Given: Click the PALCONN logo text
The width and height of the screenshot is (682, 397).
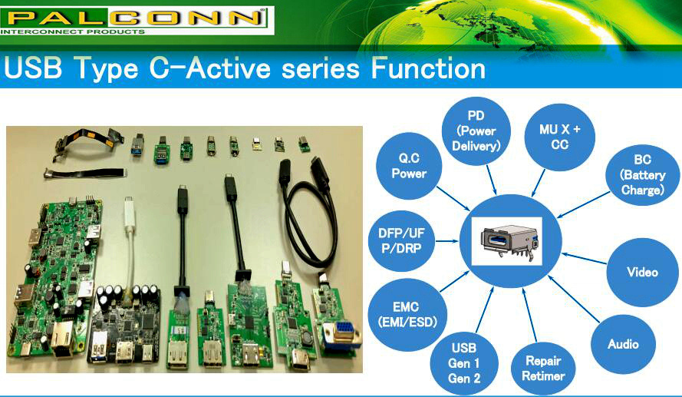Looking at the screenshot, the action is (x=132, y=17).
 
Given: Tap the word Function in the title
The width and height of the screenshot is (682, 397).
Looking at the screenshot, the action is (x=428, y=68).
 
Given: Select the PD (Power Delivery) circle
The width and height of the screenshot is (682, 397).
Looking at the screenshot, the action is (x=476, y=131).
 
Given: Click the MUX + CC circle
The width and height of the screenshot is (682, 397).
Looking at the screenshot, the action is (x=559, y=137).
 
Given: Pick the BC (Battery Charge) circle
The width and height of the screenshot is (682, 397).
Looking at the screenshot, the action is (x=642, y=174).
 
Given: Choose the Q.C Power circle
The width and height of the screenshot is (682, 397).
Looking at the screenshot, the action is (x=409, y=166).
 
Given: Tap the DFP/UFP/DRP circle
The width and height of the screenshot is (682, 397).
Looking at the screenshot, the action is (x=401, y=240).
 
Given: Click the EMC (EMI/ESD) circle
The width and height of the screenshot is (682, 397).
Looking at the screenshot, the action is (x=407, y=314).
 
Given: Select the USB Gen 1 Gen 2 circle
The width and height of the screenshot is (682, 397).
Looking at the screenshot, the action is (x=464, y=363).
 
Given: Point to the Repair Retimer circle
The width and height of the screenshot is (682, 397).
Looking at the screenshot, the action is (x=543, y=369).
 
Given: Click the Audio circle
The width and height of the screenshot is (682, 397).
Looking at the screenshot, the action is (x=623, y=344).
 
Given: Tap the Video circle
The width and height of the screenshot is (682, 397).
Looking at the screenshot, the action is (x=642, y=272).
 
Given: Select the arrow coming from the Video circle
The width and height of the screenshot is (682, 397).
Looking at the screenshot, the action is (x=583, y=258).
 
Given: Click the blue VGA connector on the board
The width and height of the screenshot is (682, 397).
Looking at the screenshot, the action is (x=341, y=336).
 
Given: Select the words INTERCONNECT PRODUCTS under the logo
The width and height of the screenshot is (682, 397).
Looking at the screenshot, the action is (x=73, y=31).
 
